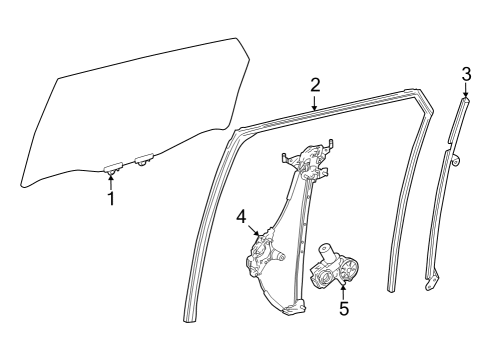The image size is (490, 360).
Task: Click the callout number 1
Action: point(111,198)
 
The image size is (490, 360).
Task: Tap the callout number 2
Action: point(315,85)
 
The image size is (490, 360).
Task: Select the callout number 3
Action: point(466,73)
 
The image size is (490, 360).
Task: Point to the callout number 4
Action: point(241,216)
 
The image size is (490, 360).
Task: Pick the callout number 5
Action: point(344,309)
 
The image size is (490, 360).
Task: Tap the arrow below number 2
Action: point(315,103)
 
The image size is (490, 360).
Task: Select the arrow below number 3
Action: point(466,91)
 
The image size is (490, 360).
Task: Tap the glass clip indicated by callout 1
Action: point(111,167)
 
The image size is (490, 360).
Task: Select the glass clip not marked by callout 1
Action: point(143,158)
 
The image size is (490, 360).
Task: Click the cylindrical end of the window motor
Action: point(327,250)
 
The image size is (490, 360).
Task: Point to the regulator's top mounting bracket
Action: point(310,157)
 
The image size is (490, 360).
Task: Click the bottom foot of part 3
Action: point(432,284)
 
